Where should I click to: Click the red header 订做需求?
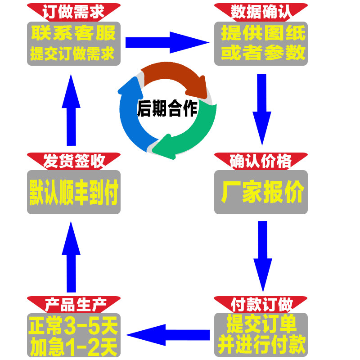coord(74,11)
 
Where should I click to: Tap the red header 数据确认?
coord(261,11)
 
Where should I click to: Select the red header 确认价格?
coord(261,161)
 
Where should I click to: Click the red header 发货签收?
coord(74,161)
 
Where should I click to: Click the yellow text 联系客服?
coord(74,33)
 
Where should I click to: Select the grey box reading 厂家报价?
coord(261,192)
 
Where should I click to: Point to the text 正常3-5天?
coord(73,325)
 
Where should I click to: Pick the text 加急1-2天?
coord(74,346)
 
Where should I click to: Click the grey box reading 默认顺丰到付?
coord(74,192)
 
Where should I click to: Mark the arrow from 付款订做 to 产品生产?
coord(168,334)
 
